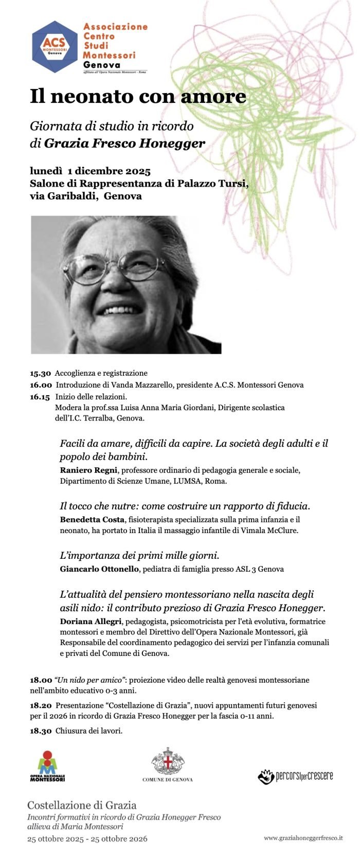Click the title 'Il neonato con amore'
coord(138,97)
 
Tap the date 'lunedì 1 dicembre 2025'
coord(90,171)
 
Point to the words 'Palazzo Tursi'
coord(212,184)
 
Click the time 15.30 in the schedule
coord(40,373)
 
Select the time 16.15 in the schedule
coord(40,397)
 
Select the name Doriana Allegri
coord(91,621)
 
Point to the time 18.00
coord(41,680)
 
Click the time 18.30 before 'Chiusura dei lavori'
coord(41,730)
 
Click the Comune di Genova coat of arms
coord(168,761)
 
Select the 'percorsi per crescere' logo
coord(295,776)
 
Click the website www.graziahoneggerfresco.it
coord(303,838)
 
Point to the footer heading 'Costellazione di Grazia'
coord(82,805)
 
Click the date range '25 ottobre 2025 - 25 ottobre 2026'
coord(87,838)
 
